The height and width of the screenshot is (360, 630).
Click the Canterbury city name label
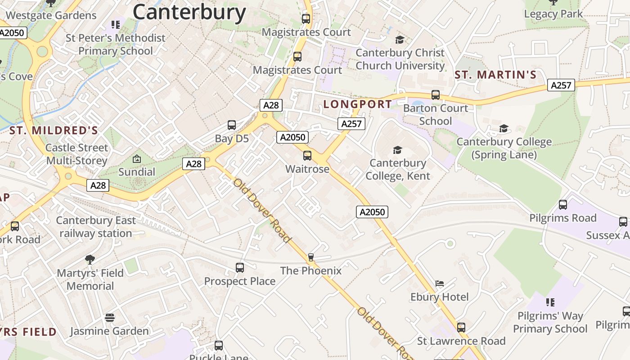189,12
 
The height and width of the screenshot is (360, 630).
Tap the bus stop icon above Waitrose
307,156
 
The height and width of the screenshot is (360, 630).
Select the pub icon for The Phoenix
310,257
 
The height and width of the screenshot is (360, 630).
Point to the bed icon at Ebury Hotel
440,283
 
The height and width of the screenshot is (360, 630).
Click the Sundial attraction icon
137,159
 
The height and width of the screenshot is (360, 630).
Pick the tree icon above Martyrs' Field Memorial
90,259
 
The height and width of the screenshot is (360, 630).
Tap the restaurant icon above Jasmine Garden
110,318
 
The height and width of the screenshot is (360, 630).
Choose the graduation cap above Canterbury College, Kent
397,150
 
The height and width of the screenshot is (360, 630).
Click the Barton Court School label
435,114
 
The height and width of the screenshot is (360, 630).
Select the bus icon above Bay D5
232,125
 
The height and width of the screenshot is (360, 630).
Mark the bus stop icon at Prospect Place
240,268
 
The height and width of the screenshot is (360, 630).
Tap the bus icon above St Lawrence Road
461,327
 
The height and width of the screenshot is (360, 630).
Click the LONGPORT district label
358,104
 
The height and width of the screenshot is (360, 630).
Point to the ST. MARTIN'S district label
495,75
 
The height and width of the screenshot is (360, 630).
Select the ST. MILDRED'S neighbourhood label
54,131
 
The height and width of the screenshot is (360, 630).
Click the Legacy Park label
553,14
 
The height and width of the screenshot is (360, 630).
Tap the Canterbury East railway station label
95,227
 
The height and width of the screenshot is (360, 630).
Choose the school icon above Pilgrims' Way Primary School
550,302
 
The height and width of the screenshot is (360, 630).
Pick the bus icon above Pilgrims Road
563,205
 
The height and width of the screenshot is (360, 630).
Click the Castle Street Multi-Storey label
77,154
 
